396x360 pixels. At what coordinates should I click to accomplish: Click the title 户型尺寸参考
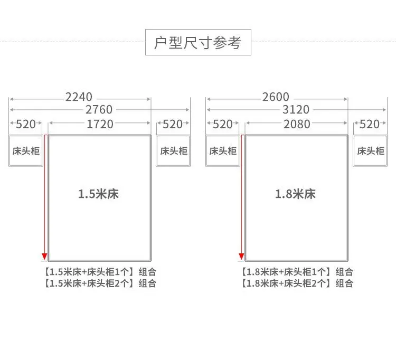pos(197,43)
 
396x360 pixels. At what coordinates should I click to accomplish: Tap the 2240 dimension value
pos(79,97)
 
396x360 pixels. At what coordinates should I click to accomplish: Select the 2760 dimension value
pos(99,110)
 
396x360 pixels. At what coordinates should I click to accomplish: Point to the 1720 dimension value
pos(100,125)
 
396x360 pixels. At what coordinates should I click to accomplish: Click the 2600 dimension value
pos(276,97)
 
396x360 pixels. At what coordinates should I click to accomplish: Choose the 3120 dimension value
pos(296,110)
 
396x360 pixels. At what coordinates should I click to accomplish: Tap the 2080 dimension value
pos(297,125)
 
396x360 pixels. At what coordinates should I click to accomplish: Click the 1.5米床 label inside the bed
pos(99,194)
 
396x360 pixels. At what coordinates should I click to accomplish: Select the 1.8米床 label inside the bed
pos(295,194)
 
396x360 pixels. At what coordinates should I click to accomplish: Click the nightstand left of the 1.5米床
pos(25,151)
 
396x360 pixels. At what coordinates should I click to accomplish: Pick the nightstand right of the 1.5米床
pos(173,151)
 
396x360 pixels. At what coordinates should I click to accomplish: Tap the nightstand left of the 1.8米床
pos(222,151)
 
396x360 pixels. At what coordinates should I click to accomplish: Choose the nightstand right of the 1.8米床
pos(370,151)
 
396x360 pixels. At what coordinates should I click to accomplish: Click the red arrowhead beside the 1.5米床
pos(44,258)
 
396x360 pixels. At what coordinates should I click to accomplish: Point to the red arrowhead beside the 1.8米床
pos(241,258)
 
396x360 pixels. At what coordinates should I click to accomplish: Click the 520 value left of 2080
pos(222,125)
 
